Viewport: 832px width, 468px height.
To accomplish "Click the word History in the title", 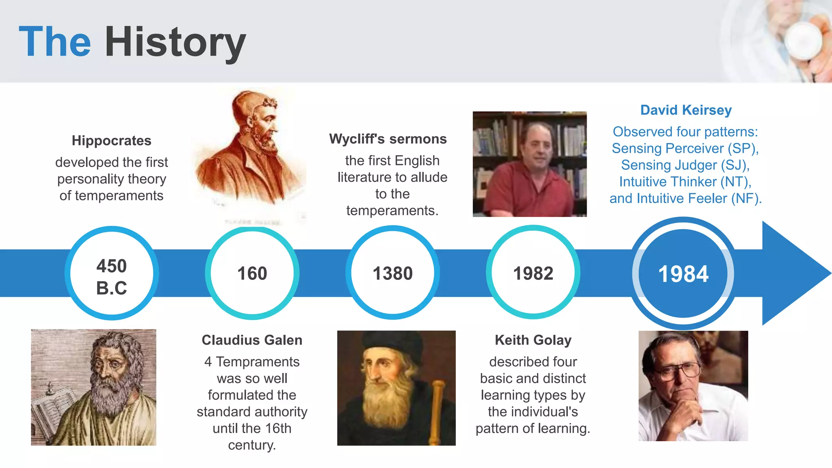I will [x=175, y=41].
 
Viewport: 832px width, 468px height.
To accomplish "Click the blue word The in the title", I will [x=55, y=41].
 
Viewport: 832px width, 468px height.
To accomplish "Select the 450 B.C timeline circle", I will [x=112, y=273].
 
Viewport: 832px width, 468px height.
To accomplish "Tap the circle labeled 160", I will [x=252, y=273].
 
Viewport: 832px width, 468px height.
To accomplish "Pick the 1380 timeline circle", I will [x=393, y=273].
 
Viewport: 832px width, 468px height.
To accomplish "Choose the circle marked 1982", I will [x=533, y=273].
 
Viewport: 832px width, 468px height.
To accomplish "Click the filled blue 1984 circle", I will [x=683, y=273].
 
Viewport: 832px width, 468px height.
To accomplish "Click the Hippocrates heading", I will [x=111, y=141].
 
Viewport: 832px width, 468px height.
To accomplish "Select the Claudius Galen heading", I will [x=252, y=340].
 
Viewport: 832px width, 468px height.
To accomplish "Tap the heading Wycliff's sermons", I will [x=388, y=139].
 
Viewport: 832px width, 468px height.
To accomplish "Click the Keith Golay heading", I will [x=533, y=340].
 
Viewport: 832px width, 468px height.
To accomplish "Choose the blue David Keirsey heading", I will [x=686, y=110].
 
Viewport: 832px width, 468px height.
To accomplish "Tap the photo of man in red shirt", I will [x=530, y=164].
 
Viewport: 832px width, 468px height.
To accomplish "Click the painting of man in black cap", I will [x=396, y=388].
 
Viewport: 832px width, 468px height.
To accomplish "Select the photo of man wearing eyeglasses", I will [x=693, y=386].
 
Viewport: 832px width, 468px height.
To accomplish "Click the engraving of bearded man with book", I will [x=93, y=387].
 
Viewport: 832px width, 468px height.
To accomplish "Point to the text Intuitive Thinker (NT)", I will [x=685, y=182].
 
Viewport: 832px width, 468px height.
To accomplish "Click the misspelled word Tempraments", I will [x=258, y=362].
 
